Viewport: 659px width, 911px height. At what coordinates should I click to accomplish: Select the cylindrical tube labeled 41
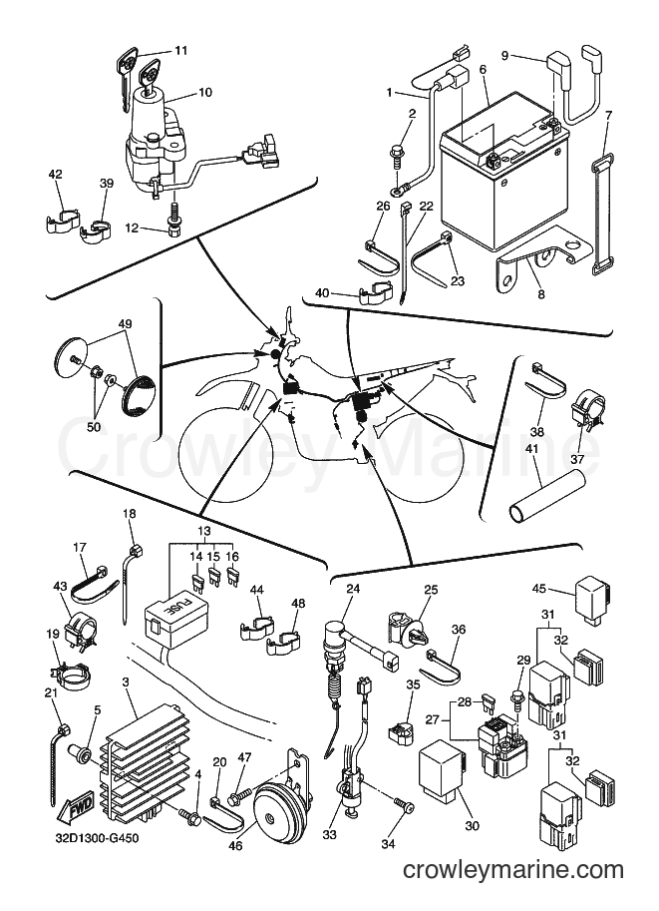pyautogui.click(x=548, y=493)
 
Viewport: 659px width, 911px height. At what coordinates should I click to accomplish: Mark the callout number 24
pyautogui.click(x=353, y=589)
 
